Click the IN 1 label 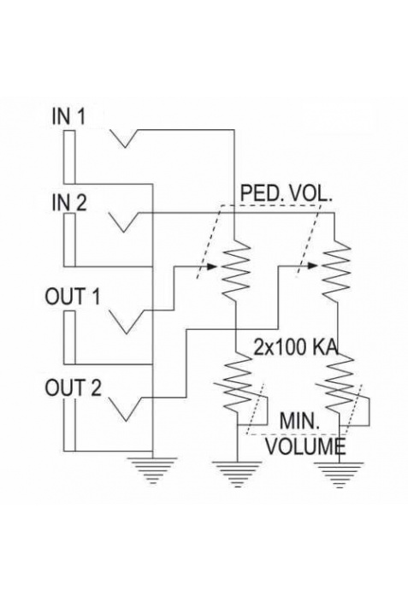click(x=68, y=116)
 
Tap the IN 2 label click(x=69, y=203)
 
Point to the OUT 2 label click(x=74, y=387)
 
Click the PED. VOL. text click(x=286, y=193)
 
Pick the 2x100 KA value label click(x=296, y=347)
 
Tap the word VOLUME click(x=305, y=446)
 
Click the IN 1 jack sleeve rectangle click(x=69, y=157)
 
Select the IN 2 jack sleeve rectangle click(x=69, y=239)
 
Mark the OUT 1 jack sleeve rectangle click(x=69, y=337)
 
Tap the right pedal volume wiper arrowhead click(x=313, y=266)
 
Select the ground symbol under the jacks click(x=153, y=470)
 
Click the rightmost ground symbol click(x=339, y=475)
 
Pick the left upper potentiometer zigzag click(x=234, y=269)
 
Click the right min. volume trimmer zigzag click(x=339, y=385)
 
